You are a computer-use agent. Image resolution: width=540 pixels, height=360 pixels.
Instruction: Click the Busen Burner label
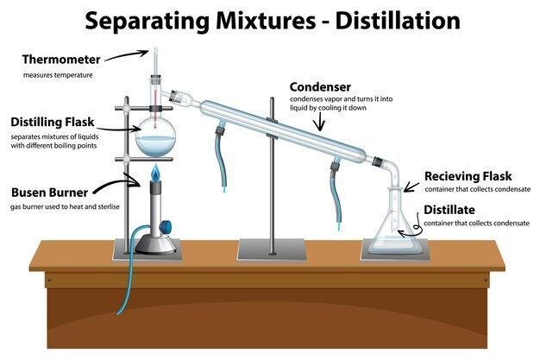pyautogui.click(x=47, y=193)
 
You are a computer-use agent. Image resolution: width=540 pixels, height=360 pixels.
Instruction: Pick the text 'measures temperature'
pyautogui.click(x=58, y=75)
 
